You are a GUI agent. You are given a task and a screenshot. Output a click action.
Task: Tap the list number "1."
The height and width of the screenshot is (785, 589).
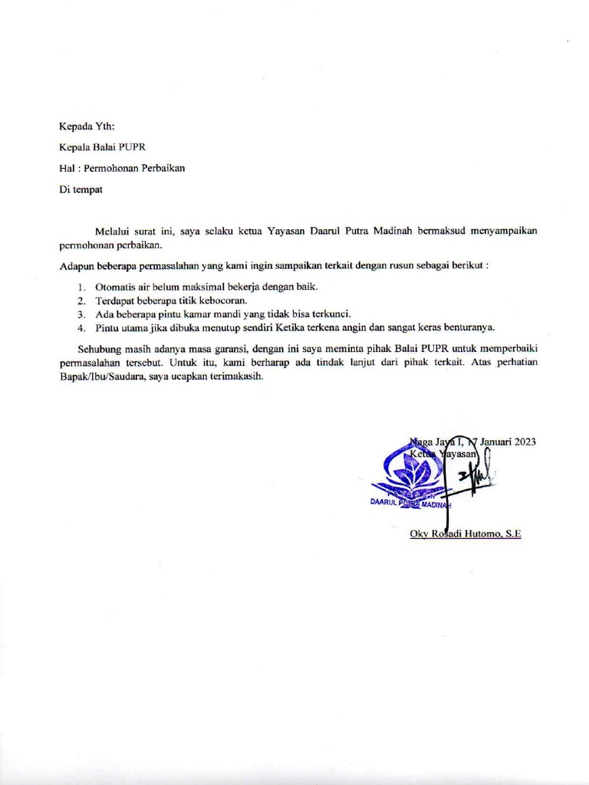pyautogui.click(x=81, y=287)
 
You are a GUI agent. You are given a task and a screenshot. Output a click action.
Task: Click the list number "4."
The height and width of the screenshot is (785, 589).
pyautogui.click(x=81, y=327)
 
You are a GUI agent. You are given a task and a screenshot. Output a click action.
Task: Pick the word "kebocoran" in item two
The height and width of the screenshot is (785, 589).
pyautogui.click(x=222, y=300)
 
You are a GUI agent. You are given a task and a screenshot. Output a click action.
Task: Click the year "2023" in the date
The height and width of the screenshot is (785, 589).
pyautogui.click(x=522, y=442)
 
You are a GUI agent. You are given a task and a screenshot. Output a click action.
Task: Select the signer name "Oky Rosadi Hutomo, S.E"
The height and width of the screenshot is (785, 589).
pyautogui.click(x=466, y=534)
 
